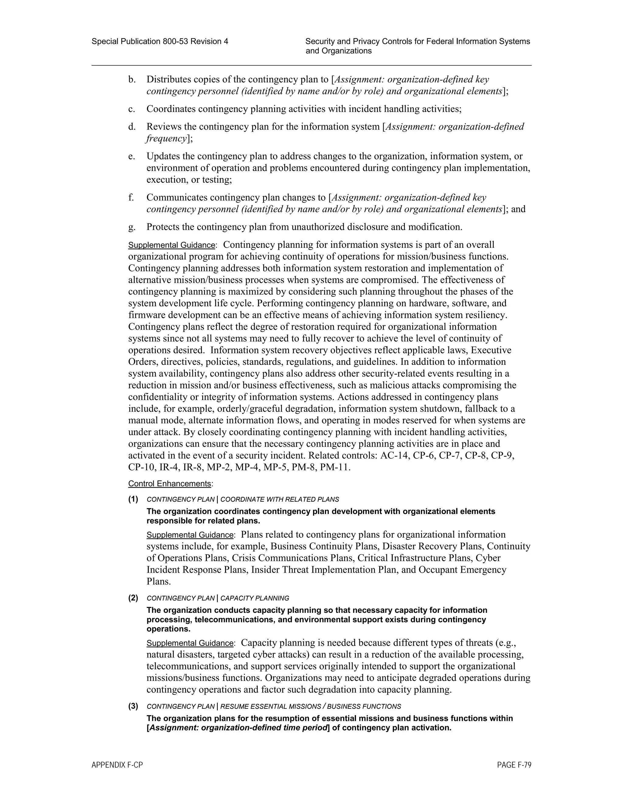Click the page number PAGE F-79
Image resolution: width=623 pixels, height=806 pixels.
pos(514,765)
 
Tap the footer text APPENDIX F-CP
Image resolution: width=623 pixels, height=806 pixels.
pos(117,765)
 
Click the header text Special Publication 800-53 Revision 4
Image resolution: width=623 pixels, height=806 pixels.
pos(160,42)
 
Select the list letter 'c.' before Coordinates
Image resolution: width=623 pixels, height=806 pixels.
pos(132,109)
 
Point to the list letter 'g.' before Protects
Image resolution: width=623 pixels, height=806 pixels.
pos(132,227)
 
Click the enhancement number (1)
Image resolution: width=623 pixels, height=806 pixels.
pos(133,499)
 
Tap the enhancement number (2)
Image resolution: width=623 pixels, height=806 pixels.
pos(133,598)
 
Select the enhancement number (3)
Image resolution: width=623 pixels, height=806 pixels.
pos(133,706)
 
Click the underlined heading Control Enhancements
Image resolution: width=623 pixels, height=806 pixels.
pos(169,484)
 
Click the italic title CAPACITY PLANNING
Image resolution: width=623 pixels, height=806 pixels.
pos(255,598)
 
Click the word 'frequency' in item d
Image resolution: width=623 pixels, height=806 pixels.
pos(166,139)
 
